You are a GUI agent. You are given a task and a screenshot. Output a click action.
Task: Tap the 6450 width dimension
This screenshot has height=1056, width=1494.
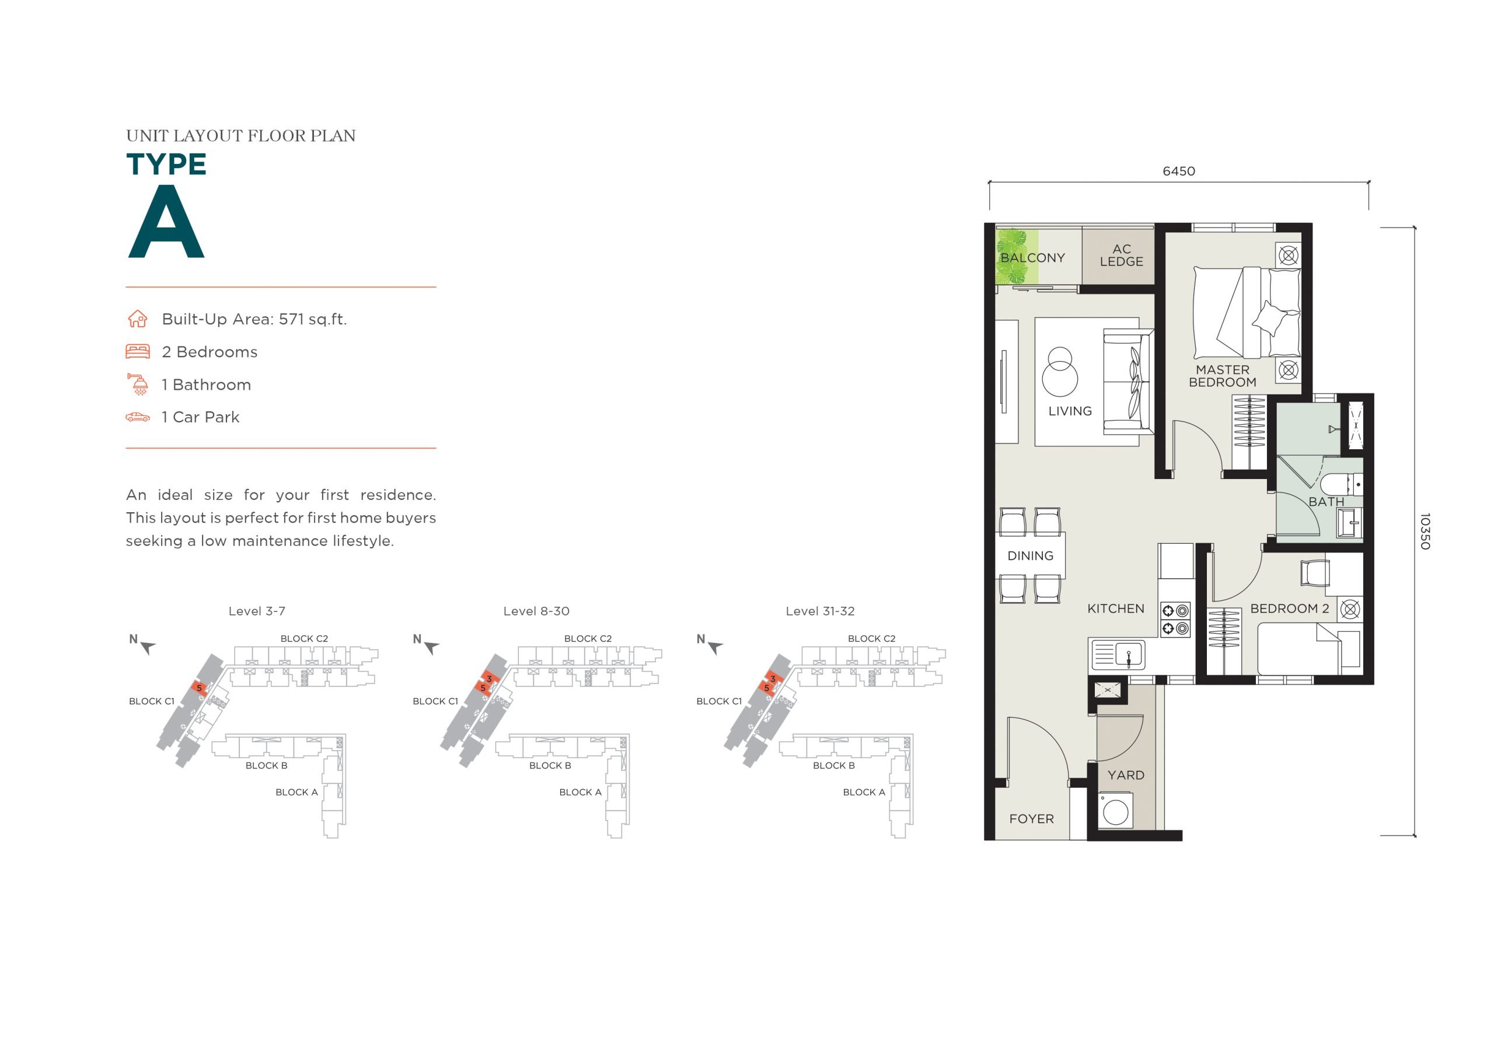pos(1178,171)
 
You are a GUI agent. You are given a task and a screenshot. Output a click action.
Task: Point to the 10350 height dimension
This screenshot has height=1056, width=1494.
pos(1425,531)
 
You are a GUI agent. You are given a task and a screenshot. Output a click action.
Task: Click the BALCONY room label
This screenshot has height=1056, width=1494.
pos(1032,258)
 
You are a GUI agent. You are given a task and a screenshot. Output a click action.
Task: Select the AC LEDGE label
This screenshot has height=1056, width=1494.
pos(1121,255)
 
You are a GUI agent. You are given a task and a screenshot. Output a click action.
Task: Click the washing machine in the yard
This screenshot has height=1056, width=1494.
pos(1115,810)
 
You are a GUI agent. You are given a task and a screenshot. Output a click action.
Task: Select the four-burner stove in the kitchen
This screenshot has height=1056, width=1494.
pos(1175,620)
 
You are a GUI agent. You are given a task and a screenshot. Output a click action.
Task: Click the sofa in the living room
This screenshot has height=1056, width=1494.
pos(1128,382)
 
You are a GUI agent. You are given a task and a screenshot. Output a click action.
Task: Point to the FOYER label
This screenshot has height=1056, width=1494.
pos(1031,819)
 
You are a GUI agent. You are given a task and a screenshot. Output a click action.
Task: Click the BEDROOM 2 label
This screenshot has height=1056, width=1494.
pos(1289,609)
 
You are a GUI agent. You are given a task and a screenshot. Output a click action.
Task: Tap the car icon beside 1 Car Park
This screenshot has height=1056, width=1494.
pos(138,417)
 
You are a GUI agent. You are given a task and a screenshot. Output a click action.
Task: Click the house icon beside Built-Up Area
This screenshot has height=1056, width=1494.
pos(137,319)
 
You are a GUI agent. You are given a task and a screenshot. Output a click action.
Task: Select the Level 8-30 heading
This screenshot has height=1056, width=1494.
pos(536,611)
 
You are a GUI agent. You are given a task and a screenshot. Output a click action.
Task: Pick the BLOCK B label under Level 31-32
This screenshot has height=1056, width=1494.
pos(833,765)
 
